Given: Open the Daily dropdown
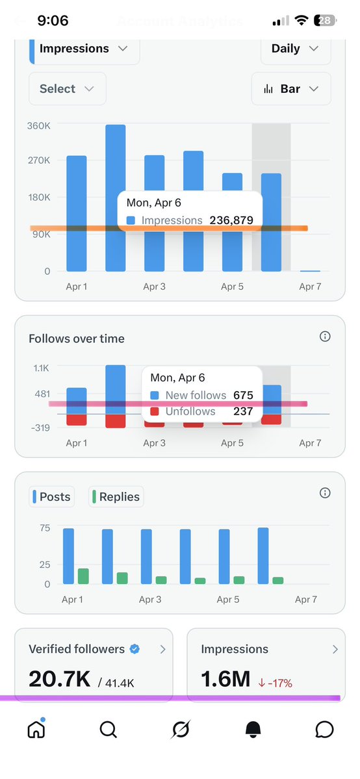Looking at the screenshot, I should [x=295, y=49].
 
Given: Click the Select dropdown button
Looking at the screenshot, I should [x=67, y=89].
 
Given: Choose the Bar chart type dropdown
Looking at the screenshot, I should [x=291, y=89].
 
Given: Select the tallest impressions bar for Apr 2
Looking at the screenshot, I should [x=116, y=198].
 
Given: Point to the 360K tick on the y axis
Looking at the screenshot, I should [x=38, y=125].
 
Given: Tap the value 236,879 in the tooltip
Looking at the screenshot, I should [x=231, y=220].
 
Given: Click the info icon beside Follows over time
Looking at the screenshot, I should [x=325, y=337].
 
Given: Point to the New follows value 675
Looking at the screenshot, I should [x=243, y=395].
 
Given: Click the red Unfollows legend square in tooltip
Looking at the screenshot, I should [x=154, y=411].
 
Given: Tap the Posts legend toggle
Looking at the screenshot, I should [x=52, y=497].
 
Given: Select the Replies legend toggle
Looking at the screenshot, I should [x=115, y=497].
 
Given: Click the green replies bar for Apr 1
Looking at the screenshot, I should [x=83, y=576].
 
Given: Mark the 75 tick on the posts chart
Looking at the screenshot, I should [x=44, y=528].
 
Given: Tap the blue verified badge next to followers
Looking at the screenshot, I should [x=135, y=649].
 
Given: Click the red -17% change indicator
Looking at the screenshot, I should [x=275, y=683].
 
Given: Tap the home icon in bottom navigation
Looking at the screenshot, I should [x=36, y=730].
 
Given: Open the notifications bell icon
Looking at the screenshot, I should [x=253, y=730].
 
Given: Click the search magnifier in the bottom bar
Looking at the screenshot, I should [x=109, y=730].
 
